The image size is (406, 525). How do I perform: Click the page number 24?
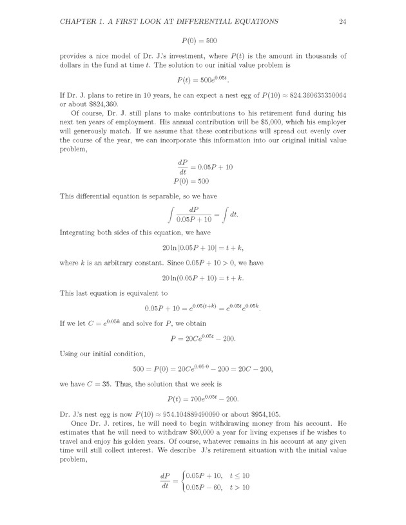(343, 22)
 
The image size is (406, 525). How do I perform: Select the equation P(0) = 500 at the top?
(203, 41)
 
